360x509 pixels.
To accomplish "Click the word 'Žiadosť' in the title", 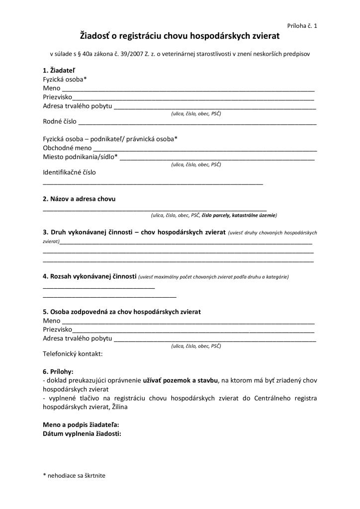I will pos(98,36).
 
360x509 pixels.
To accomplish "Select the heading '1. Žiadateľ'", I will pos(60,70).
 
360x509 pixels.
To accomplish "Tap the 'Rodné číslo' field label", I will pos(60,122).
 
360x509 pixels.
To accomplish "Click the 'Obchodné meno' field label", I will pos(67,148).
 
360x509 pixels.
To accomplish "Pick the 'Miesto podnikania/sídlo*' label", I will pos(81,157).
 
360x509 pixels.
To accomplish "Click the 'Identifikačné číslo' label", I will pos(70,172).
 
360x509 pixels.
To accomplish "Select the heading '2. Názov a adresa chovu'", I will pos(79,199).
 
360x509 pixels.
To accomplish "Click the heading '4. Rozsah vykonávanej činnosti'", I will pos(90,276).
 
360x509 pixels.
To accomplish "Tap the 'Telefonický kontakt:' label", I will pos(73,354).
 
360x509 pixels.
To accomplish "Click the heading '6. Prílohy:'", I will pos(58,371).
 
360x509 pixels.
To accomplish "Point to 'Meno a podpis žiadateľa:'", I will pos(81,424).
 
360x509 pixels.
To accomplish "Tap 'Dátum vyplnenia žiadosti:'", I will pos(82,433).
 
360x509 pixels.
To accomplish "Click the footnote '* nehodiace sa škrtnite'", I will pos(74,475).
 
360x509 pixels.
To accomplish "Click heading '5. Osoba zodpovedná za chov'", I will pos(122,312).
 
